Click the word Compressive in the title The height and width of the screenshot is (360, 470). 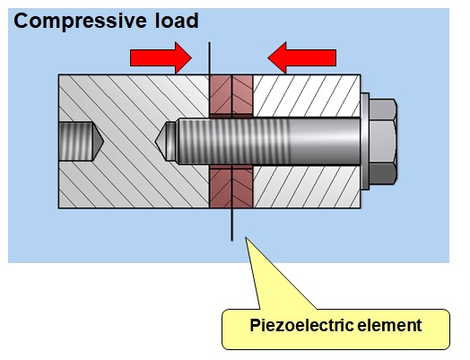click(80, 22)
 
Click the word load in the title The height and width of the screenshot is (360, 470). click(177, 21)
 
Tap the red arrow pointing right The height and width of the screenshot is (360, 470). click(161, 57)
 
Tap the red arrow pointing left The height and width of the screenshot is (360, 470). click(302, 57)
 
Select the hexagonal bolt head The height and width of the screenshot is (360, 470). click(383, 141)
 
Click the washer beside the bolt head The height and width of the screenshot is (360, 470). click(365, 141)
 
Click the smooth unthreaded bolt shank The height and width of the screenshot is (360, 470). click(325, 141)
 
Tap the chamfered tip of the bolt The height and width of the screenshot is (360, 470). click(171, 141)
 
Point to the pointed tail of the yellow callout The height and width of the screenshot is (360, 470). click(247, 239)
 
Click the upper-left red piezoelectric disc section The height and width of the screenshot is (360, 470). click(221, 94)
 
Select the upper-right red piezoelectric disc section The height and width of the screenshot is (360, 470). click(242, 94)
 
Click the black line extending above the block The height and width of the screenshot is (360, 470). click(209, 58)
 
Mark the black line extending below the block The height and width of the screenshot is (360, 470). click(231, 224)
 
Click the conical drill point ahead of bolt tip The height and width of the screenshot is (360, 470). click(160, 141)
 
